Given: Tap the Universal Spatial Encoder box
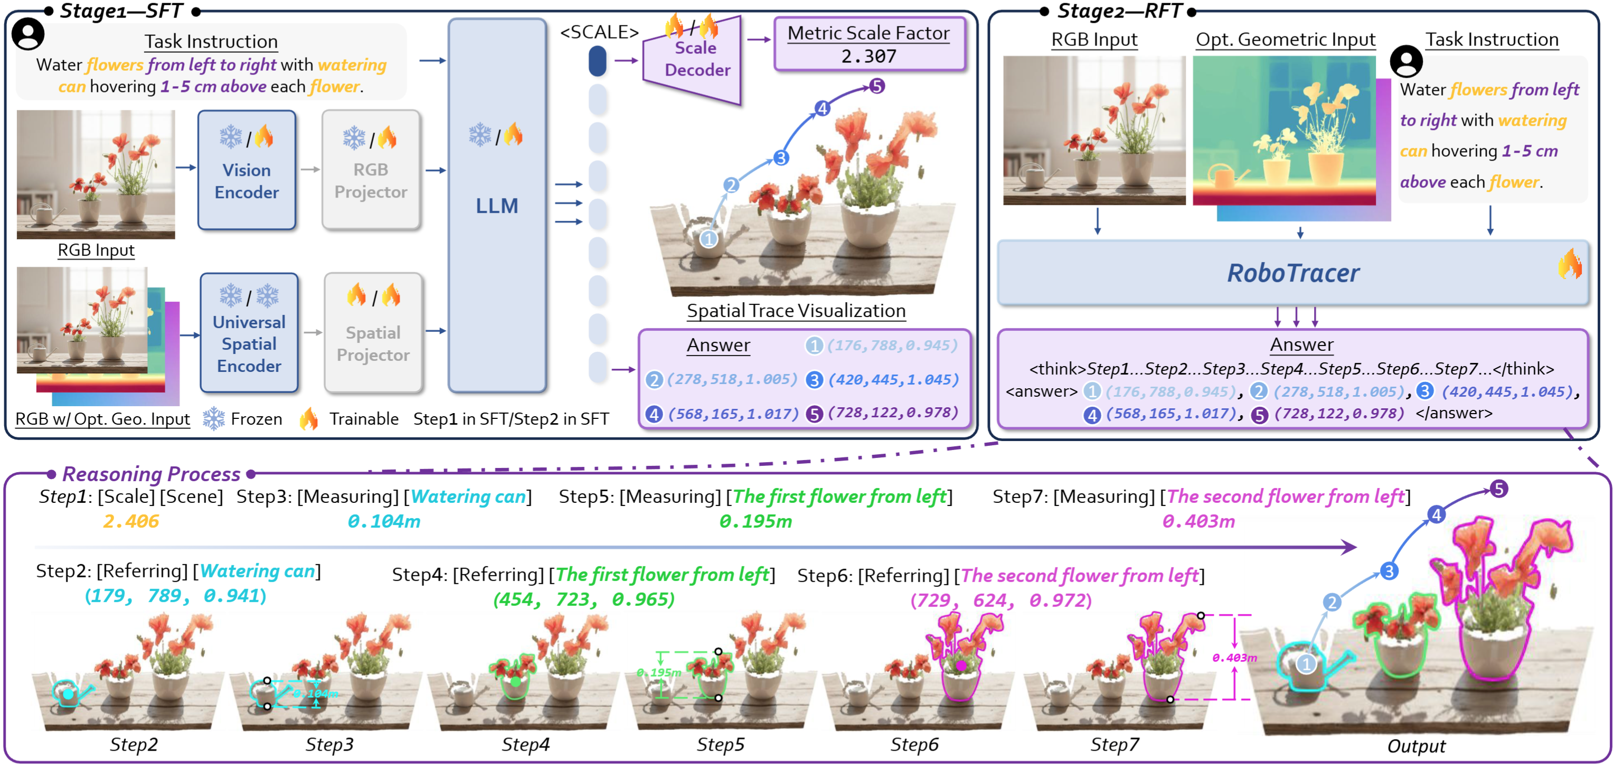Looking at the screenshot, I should [x=249, y=333].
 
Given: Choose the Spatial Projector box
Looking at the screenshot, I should [x=373, y=333].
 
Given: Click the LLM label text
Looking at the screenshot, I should [x=496, y=205].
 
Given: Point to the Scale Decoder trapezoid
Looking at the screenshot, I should [x=694, y=60].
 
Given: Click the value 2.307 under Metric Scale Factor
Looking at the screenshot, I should [x=869, y=57].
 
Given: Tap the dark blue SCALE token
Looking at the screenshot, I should [x=598, y=61].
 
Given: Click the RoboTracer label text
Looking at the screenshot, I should [x=1292, y=273].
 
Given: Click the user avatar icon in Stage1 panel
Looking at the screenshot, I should [x=28, y=33].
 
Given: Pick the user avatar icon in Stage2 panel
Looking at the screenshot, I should [x=1406, y=61].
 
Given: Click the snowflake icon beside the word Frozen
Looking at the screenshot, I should [x=214, y=418].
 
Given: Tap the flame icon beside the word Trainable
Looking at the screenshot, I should [x=308, y=418].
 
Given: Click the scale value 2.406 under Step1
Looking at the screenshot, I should [x=131, y=521].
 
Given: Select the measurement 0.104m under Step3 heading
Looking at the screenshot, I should [x=383, y=521].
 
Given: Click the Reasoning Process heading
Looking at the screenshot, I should [x=151, y=474].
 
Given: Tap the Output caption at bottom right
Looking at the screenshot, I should [x=1416, y=746].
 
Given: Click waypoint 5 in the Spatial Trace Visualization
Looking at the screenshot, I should [x=876, y=86].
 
